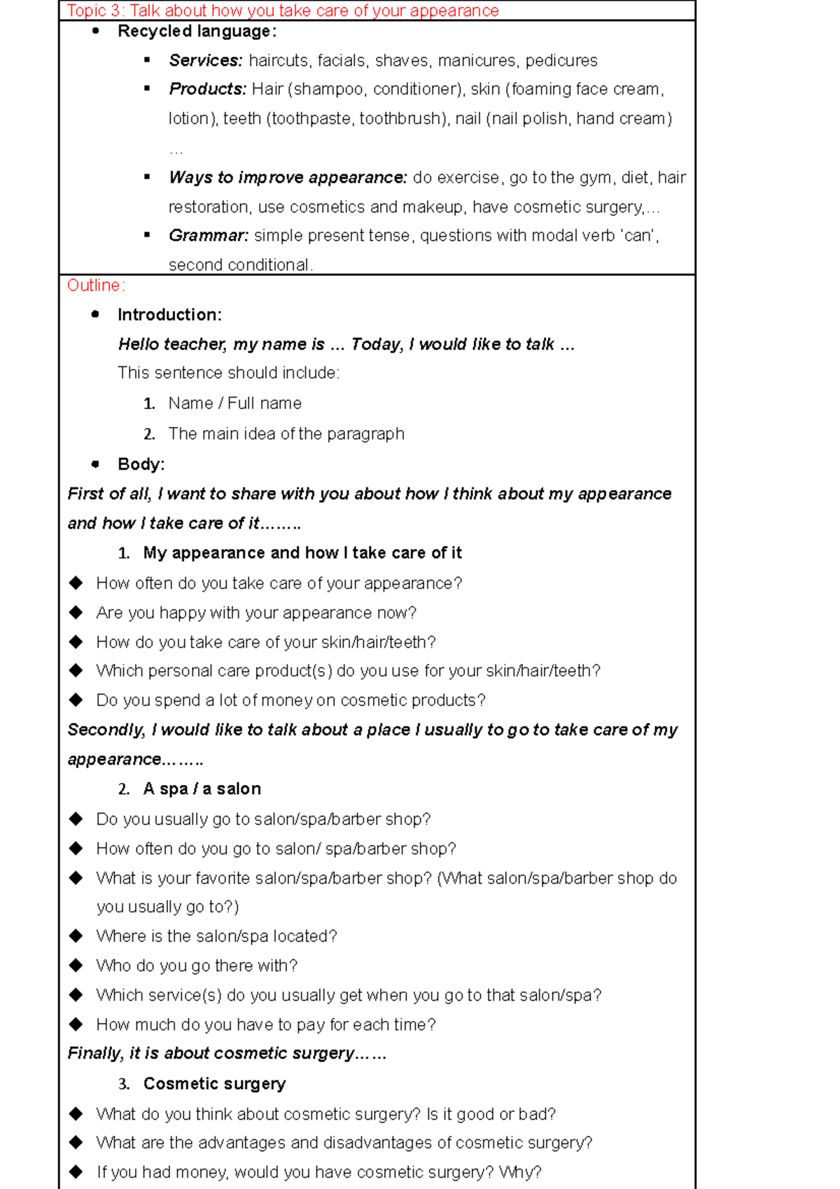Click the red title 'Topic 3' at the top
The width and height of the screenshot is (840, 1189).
point(95,11)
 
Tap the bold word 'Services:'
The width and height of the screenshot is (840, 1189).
point(205,61)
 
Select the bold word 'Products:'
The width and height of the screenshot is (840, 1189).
point(207,90)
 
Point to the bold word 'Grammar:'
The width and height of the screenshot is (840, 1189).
point(208,236)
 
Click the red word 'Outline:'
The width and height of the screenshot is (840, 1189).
point(96,286)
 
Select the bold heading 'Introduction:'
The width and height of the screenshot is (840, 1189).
point(169,315)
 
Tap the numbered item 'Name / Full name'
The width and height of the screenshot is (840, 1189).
point(234,403)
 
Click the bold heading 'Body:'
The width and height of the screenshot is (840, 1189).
point(141,464)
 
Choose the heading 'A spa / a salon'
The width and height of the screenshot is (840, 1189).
point(202,789)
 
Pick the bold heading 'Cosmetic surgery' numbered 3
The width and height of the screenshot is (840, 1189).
point(214,1084)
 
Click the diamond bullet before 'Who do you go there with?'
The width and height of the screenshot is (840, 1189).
point(76,966)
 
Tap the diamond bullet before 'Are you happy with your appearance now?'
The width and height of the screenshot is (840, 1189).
point(76,613)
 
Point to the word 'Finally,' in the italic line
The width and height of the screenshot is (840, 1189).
point(95,1054)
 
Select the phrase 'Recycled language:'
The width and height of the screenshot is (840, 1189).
point(197,32)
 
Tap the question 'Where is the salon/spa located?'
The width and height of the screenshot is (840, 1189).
point(216,937)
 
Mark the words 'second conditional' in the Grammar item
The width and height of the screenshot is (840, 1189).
point(239,265)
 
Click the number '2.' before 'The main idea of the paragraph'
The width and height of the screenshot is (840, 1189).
point(148,434)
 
